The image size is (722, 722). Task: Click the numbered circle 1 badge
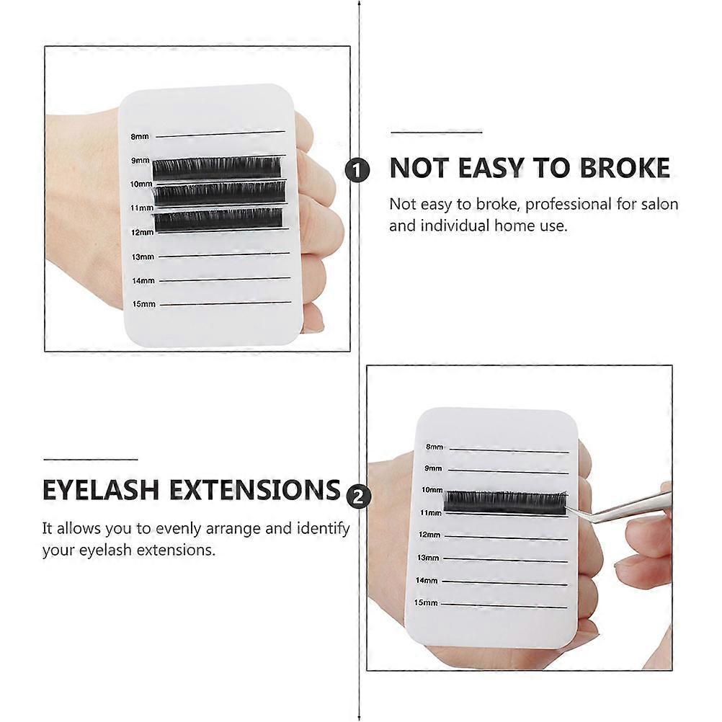[357, 170]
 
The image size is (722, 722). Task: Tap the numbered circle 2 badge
[358, 497]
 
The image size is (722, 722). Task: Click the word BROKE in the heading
[624, 168]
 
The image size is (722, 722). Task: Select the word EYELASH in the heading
[101, 489]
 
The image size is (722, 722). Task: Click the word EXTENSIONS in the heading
[255, 489]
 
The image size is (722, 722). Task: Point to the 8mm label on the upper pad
[140, 136]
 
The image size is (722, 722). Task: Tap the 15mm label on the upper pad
[143, 304]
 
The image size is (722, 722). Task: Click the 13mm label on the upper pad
[143, 257]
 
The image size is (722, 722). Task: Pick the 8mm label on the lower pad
[434, 447]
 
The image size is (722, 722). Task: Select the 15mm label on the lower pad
[425, 602]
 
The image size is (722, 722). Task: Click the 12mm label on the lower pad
[429, 535]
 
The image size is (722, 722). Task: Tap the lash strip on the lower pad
[505, 503]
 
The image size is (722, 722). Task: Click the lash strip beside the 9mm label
[217, 169]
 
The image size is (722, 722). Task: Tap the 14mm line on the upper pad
[225, 279]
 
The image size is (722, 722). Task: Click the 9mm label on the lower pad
[433, 468]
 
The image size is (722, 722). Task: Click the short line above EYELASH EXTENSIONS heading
[91, 459]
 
